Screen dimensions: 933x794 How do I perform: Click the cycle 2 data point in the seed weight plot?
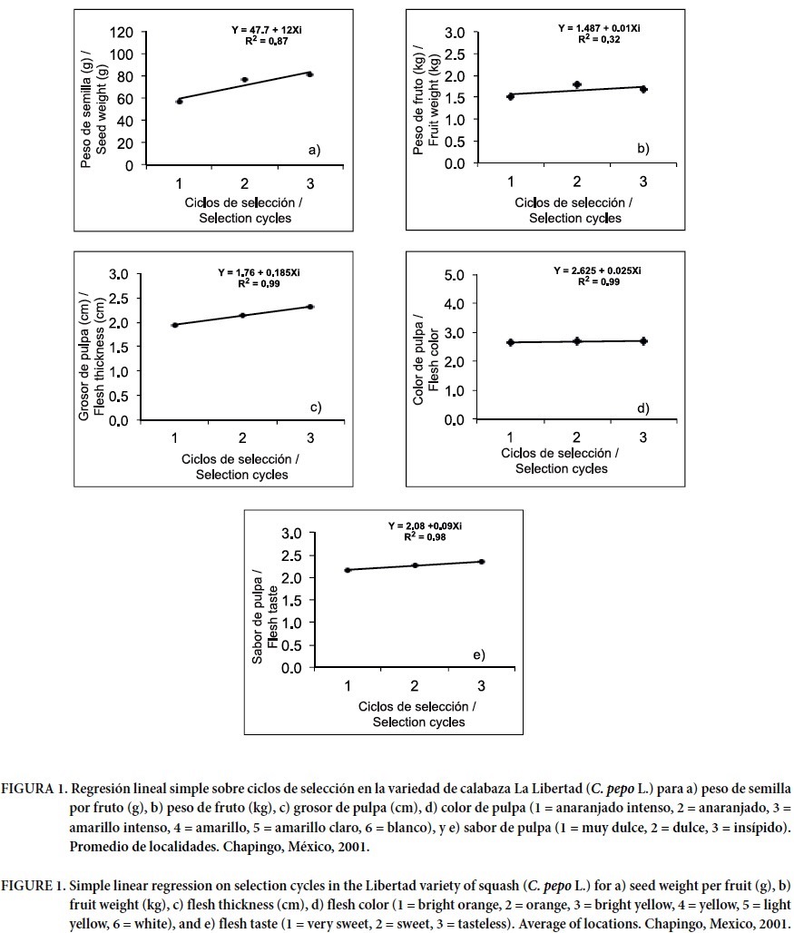coord(244,80)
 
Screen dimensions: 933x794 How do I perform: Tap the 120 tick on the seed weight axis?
coord(123,33)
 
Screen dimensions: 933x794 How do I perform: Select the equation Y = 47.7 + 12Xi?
coord(270,30)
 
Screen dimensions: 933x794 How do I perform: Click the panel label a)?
coord(314,150)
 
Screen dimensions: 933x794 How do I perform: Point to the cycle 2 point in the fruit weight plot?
coord(576,84)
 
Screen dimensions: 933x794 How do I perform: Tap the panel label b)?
coord(642,146)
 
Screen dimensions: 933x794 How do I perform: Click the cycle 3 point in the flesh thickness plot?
coord(310,307)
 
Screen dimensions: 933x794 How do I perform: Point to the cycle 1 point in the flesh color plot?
coord(511,342)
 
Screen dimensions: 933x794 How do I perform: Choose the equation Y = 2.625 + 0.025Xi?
coord(597,270)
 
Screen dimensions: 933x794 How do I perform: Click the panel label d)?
coord(642,408)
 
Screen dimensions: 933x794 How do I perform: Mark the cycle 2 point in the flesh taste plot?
coord(415,565)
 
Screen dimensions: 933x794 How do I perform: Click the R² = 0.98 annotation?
coord(426,537)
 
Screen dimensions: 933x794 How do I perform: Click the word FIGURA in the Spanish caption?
coord(28,783)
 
